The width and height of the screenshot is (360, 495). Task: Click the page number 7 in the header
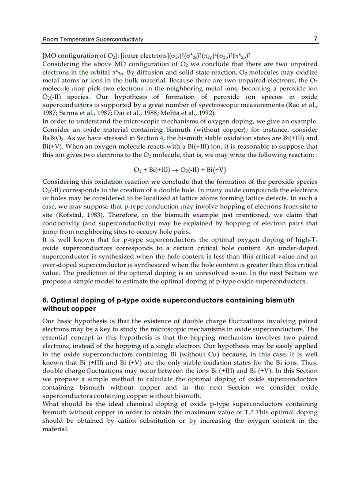pyautogui.click(x=315, y=39)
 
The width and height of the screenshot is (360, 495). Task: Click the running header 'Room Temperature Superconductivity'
pyautogui.click(x=93, y=40)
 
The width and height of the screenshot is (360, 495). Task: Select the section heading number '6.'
pyautogui.click(x=45, y=300)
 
